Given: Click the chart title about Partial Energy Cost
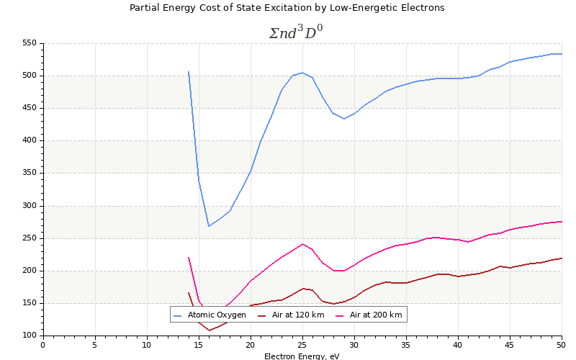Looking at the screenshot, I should click(x=287, y=8).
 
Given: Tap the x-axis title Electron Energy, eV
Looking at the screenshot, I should click(x=302, y=356).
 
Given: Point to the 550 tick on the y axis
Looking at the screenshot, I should click(x=29, y=43).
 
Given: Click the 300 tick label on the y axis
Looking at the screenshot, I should click(x=29, y=206).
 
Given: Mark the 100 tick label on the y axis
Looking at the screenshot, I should click(x=29, y=336).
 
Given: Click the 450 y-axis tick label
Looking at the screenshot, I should click(x=29, y=108).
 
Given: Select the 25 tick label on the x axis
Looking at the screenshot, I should click(x=302, y=345).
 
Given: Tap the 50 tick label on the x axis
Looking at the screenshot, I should click(x=562, y=345).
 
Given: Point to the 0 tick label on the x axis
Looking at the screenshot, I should click(x=43, y=345).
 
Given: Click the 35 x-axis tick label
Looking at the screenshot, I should click(x=406, y=345).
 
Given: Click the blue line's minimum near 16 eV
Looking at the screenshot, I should click(x=209, y=226).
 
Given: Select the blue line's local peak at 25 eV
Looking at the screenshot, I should click(x=302, y=72).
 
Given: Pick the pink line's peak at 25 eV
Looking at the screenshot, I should click(x=302, y=244).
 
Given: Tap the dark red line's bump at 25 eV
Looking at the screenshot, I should click(x=302, y=288).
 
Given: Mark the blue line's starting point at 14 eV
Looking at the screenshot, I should click(x=189, y=71).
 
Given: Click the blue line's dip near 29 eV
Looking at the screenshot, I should click(x=344, y=118).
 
